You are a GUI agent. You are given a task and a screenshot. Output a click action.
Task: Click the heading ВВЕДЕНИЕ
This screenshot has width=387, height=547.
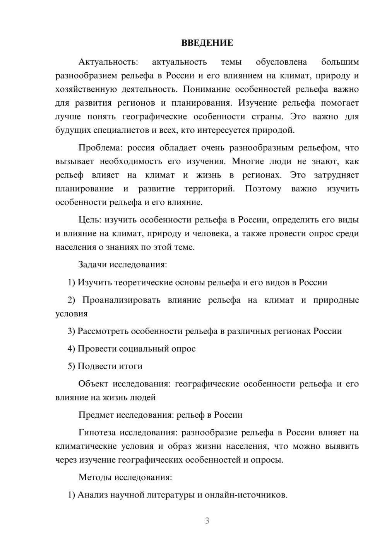pyautogui.click(x=207, y=43)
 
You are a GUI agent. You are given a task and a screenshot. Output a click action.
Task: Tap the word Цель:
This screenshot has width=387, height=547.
pyautogui.click(x=90, y=220)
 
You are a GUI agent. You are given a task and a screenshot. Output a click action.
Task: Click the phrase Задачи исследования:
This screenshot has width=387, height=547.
pyautogui.click(x=123, y=265)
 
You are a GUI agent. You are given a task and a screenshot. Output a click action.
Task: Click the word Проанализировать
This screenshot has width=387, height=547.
pyautogui.click(x=121, y=300)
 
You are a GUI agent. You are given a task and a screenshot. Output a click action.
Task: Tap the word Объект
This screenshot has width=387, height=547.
pyautogui.click(x=93, y=384)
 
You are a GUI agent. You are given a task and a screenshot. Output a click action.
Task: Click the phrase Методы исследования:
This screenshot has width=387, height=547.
pyautogui.click(x=125, y=477)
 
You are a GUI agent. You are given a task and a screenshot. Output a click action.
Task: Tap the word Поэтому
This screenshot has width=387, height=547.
pyautogui.click(x=263, y=189)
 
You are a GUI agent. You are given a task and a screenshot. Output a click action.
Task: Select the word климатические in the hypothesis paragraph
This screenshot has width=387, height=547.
pyautogui.click(x=86, y=446)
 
